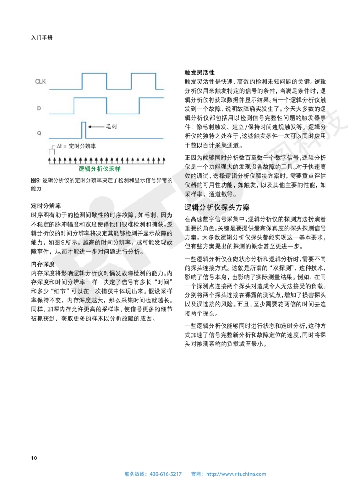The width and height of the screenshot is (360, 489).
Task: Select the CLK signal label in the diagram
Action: pos(41,81)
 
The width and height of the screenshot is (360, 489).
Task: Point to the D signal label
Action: pos(39,108)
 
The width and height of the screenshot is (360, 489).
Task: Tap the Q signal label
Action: pos(39,133)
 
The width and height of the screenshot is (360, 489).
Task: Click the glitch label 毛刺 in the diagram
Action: pos(111,127)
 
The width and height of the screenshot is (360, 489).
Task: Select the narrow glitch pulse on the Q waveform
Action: pos(84,129)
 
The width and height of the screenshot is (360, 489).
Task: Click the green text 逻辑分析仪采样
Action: pos(99,168)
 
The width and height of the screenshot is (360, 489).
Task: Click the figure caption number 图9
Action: pos(36,180)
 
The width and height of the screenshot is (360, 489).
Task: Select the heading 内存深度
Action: pos(43,264)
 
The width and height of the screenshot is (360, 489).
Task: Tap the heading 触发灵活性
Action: pos(199,73)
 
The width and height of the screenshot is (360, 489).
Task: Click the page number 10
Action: pos(34,457)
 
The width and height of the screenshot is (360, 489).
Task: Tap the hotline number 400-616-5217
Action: pos(165,474)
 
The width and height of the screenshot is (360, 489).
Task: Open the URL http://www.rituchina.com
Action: pos(236,474)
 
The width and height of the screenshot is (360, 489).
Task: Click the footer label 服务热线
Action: pos(135,474)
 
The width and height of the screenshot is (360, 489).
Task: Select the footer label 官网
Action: pos(197,474)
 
